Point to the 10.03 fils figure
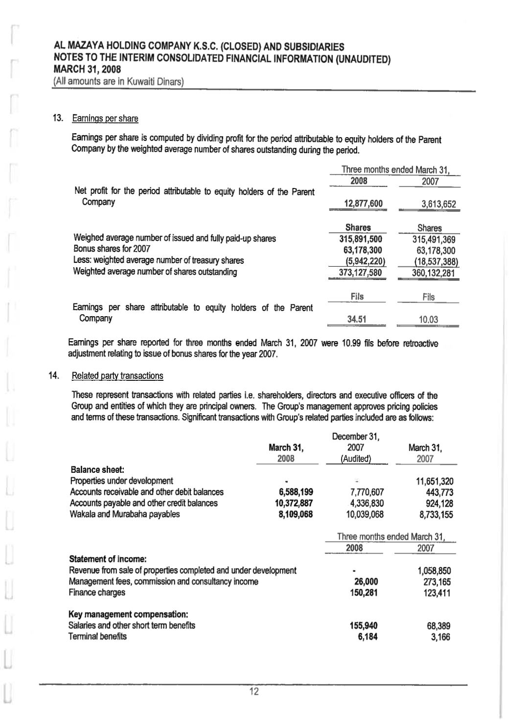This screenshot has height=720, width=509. point(428,320)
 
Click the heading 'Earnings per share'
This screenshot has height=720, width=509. point(105,118)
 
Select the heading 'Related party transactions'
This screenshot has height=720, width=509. point(117,376)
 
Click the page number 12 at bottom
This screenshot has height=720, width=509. point(254,692)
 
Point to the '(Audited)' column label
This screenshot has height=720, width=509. point(356,459)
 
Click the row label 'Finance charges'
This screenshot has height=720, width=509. point(97,592)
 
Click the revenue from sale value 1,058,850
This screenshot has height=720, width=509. point(434,571)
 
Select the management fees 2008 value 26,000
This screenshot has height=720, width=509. point(366,581)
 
